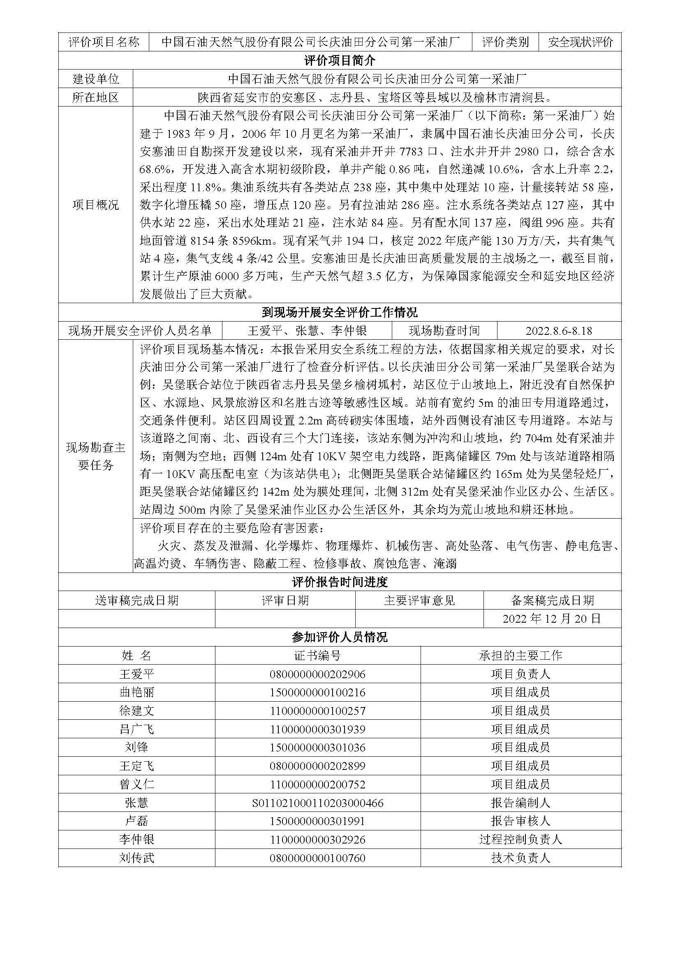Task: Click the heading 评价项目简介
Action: (340, 60)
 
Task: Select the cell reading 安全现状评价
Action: (580, 42)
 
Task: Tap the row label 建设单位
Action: (95, 79)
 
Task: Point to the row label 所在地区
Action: (95, 97)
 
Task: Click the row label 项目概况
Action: (95, 205)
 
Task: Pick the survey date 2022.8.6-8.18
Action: (559, 331)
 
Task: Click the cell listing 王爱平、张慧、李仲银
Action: (307, 331)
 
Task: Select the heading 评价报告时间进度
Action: (340, 582)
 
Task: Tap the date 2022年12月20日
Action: (552, 619)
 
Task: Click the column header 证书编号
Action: (317, 655)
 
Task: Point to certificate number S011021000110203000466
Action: (317, 803)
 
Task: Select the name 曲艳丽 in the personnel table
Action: (136, 692)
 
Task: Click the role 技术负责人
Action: (520, 858)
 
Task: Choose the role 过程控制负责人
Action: (520, 839)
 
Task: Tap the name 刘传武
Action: (136, 858)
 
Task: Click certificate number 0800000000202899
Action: (317, 766)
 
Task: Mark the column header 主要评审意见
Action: (419, 600)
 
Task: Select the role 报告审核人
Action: (520, 821)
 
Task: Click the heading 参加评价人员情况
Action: (340, 637)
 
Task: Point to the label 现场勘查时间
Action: (444, 331)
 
